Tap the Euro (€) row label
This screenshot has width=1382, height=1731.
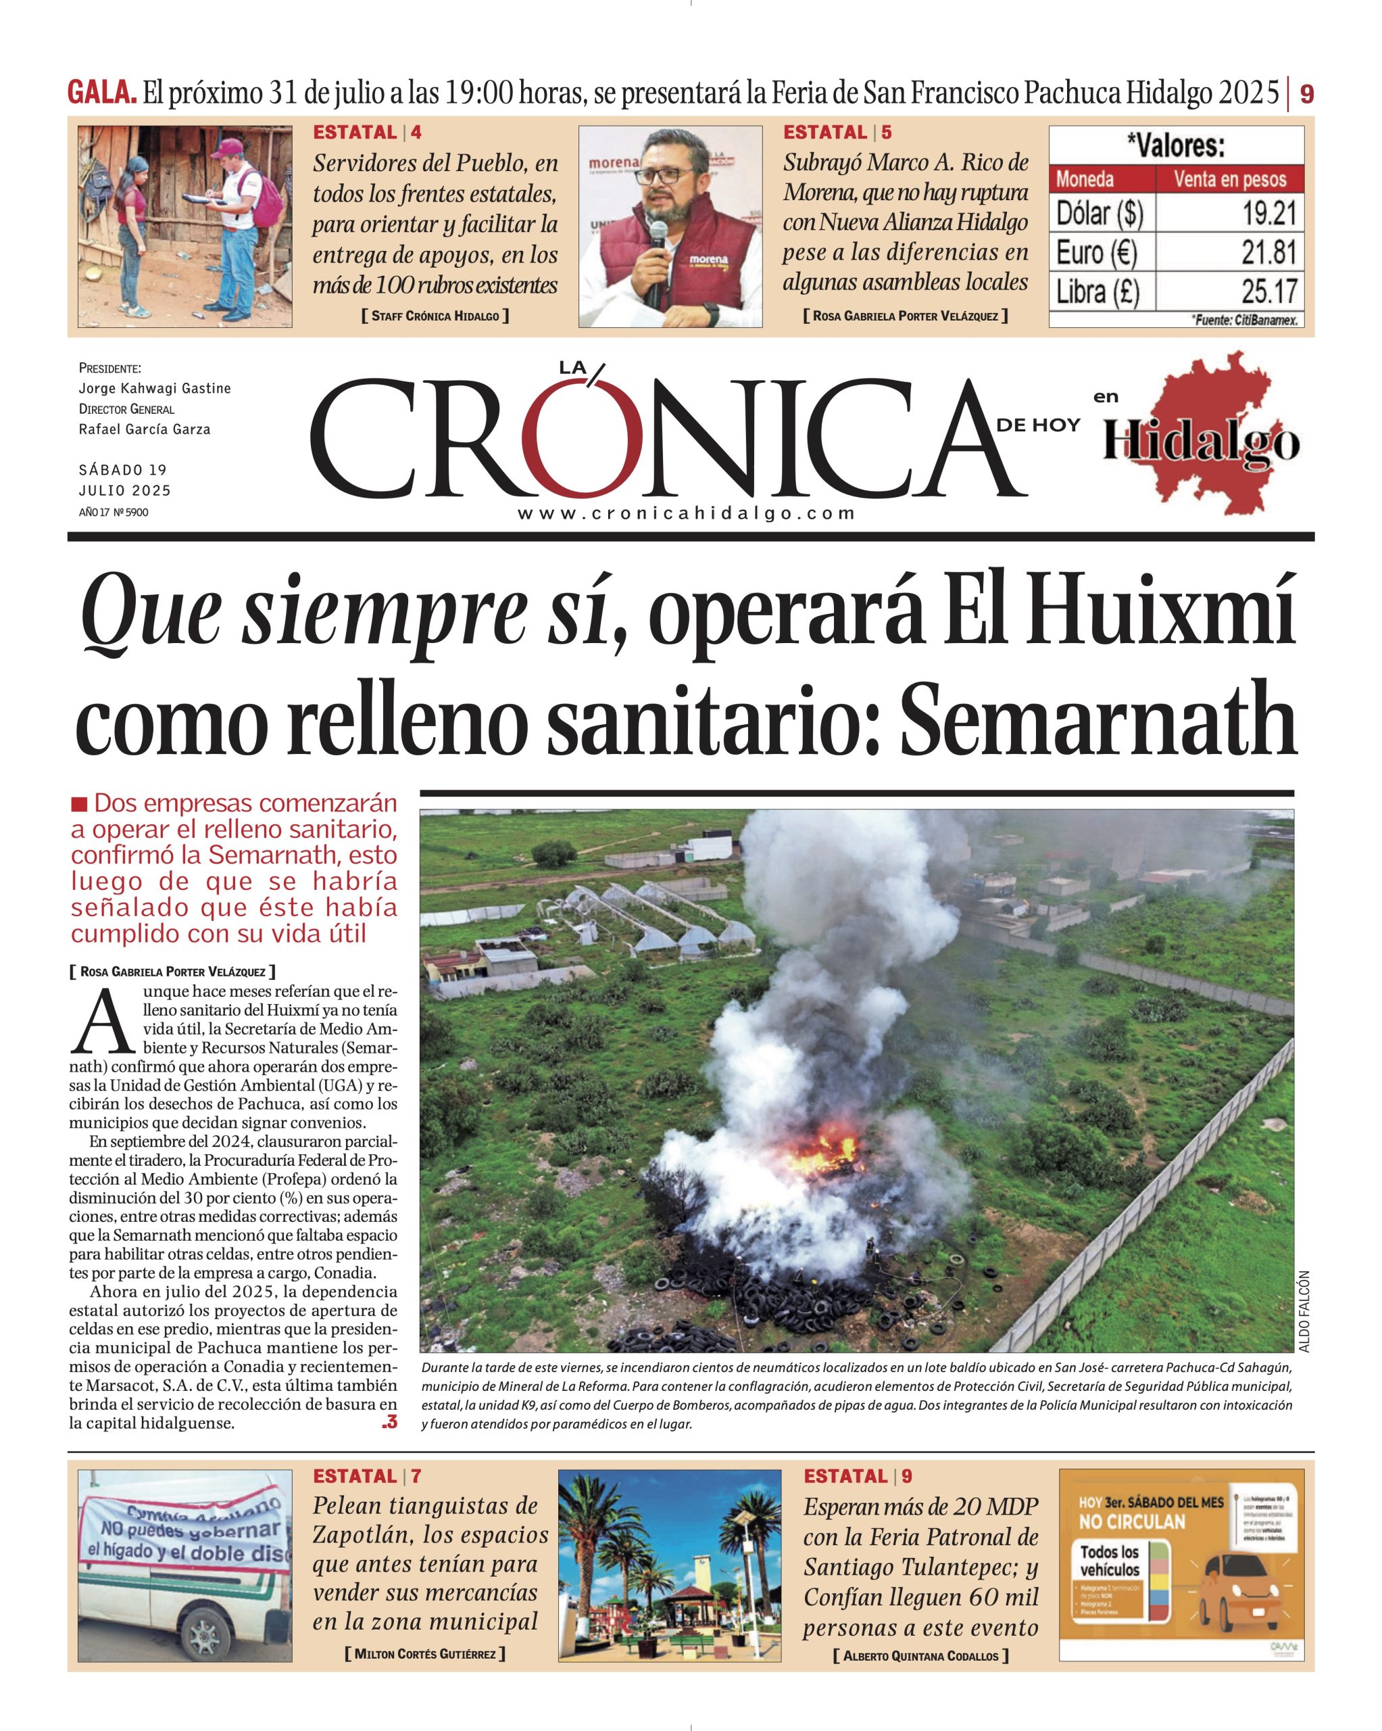coord(1096,253)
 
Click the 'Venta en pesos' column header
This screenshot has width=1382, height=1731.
coord(1229,179)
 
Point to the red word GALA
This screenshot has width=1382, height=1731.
coord(101,93)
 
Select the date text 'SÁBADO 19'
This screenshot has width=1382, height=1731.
coord(123,470)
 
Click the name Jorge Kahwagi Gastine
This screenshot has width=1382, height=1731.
coord(155,389)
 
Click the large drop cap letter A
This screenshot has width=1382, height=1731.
coord(101,1023)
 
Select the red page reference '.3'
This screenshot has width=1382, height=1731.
coord(389,1422)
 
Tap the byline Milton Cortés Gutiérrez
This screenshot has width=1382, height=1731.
coord(425,1653)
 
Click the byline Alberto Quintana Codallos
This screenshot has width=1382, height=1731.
coord(920,1655)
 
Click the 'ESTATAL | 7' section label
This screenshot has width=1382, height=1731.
coord(367,1475)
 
